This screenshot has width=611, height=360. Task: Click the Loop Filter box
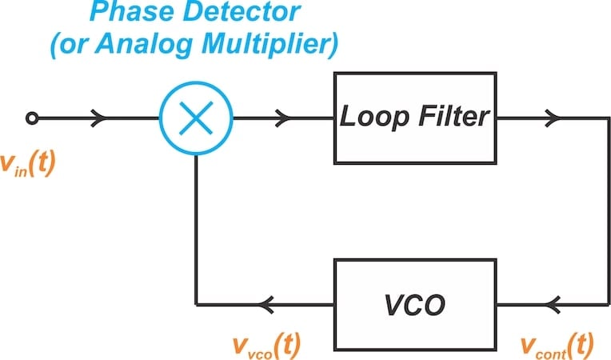tap(414, 118)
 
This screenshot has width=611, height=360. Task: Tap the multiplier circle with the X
tap(196, 119)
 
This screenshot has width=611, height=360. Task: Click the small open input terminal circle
tap(31, 119)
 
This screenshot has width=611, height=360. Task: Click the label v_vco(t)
tap(267, 344)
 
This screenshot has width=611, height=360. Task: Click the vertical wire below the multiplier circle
tap(196, 232)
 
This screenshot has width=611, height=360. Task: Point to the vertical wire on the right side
tap(599, 212)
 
